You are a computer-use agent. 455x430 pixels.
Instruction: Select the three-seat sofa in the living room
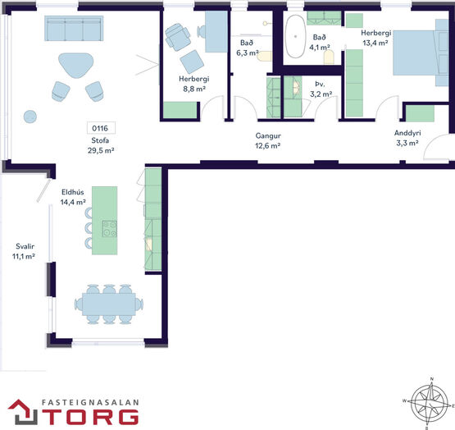pyautogui.click(x=74, y=28)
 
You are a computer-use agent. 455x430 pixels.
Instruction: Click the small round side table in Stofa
pyautogui.click(x=30, y=117)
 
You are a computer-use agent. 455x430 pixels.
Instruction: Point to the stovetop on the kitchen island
pyautogui.click(x=110, y=229)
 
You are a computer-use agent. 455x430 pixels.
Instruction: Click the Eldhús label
pyautogui.click(x=73, y=192)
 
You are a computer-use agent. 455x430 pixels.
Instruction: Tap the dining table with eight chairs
pyautogui.click(x=109, y=304)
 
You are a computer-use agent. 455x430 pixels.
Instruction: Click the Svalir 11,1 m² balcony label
pyautogui.click(x=24, y=251)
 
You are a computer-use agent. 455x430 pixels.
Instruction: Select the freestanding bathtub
pyautogui.click(x=295, y=36)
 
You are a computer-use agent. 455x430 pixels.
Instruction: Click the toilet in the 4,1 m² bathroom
pyautogui.click(x=329, y=57)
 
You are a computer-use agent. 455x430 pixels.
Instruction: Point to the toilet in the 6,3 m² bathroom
pyautogui.click(x=264, y=56)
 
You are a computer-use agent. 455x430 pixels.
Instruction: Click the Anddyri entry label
pyautogui.click(x=407, y=133)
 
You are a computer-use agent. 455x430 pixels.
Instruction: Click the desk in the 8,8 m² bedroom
pyautogui.click(x=216, y=32)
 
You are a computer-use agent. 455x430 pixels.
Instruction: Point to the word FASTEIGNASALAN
pyautogui.click(x=90, y=403)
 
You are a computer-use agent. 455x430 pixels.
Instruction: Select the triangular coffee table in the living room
pyautogui.click(x=76, y=65)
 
